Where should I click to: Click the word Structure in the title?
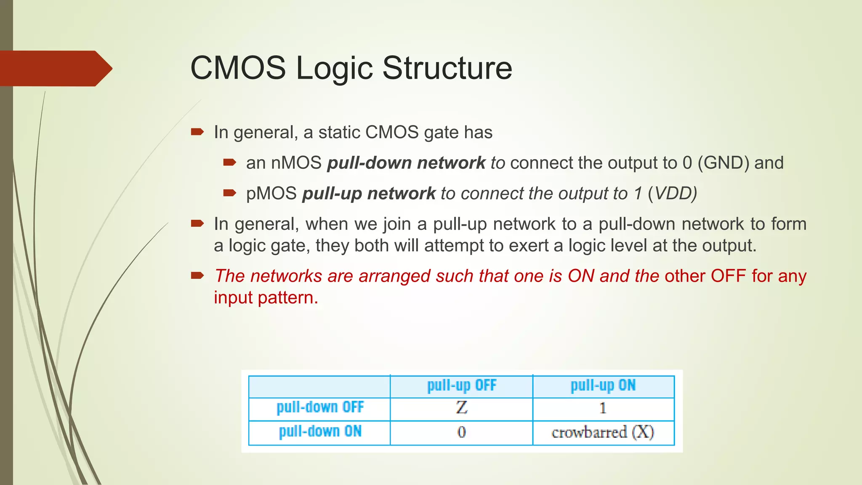coord(447,68)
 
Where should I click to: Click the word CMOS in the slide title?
coord(238,68)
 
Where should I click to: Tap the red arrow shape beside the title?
coord(55,68)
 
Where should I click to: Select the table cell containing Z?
coord(461,408)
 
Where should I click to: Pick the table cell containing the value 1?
coord(603,408)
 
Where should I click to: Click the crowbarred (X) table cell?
coord(603,432)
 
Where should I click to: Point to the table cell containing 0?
coord(461,432)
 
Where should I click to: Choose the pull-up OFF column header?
coord(461,386)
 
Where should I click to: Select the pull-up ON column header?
coord(603,386)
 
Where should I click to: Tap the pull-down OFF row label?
coord(320,408)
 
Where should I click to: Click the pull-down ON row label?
coord(320,432)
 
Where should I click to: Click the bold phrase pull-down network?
coord(406,163)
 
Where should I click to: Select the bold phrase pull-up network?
coord(369,194)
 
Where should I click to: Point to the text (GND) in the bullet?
coord(723,163)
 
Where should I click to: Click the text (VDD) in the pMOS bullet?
coord(672,194)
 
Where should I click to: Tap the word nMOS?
coord(296,163)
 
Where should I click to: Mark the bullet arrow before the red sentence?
coord(197,276)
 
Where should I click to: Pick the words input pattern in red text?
coord(266,298)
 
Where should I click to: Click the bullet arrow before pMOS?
coord(229,193)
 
